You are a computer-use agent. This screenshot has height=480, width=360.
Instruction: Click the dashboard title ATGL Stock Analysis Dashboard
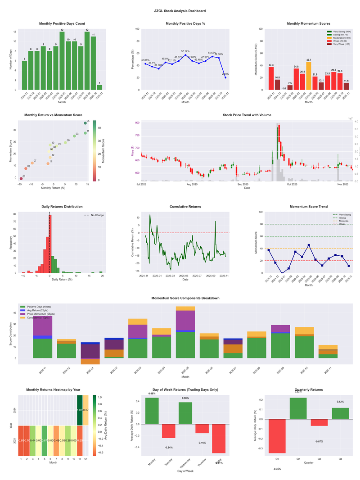tap(180, 10)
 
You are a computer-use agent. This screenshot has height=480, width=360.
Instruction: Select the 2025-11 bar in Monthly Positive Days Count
tap(99, 87)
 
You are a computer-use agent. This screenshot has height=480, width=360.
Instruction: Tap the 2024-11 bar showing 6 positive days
tap(24, 75)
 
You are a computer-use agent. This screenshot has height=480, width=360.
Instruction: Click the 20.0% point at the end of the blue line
tap(225, 77)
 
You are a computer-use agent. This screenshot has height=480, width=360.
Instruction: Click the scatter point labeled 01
tap(21, 179)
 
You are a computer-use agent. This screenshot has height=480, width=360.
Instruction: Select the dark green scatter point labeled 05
tap(85, 123)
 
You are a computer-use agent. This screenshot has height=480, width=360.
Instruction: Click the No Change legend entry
tap(97, 215)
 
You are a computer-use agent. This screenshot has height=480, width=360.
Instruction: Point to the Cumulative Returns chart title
tap(185, 207)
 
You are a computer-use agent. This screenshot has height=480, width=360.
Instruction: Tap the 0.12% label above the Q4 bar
tap(340, 402)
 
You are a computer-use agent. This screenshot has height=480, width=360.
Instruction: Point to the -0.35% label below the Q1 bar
tap(277, 469)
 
